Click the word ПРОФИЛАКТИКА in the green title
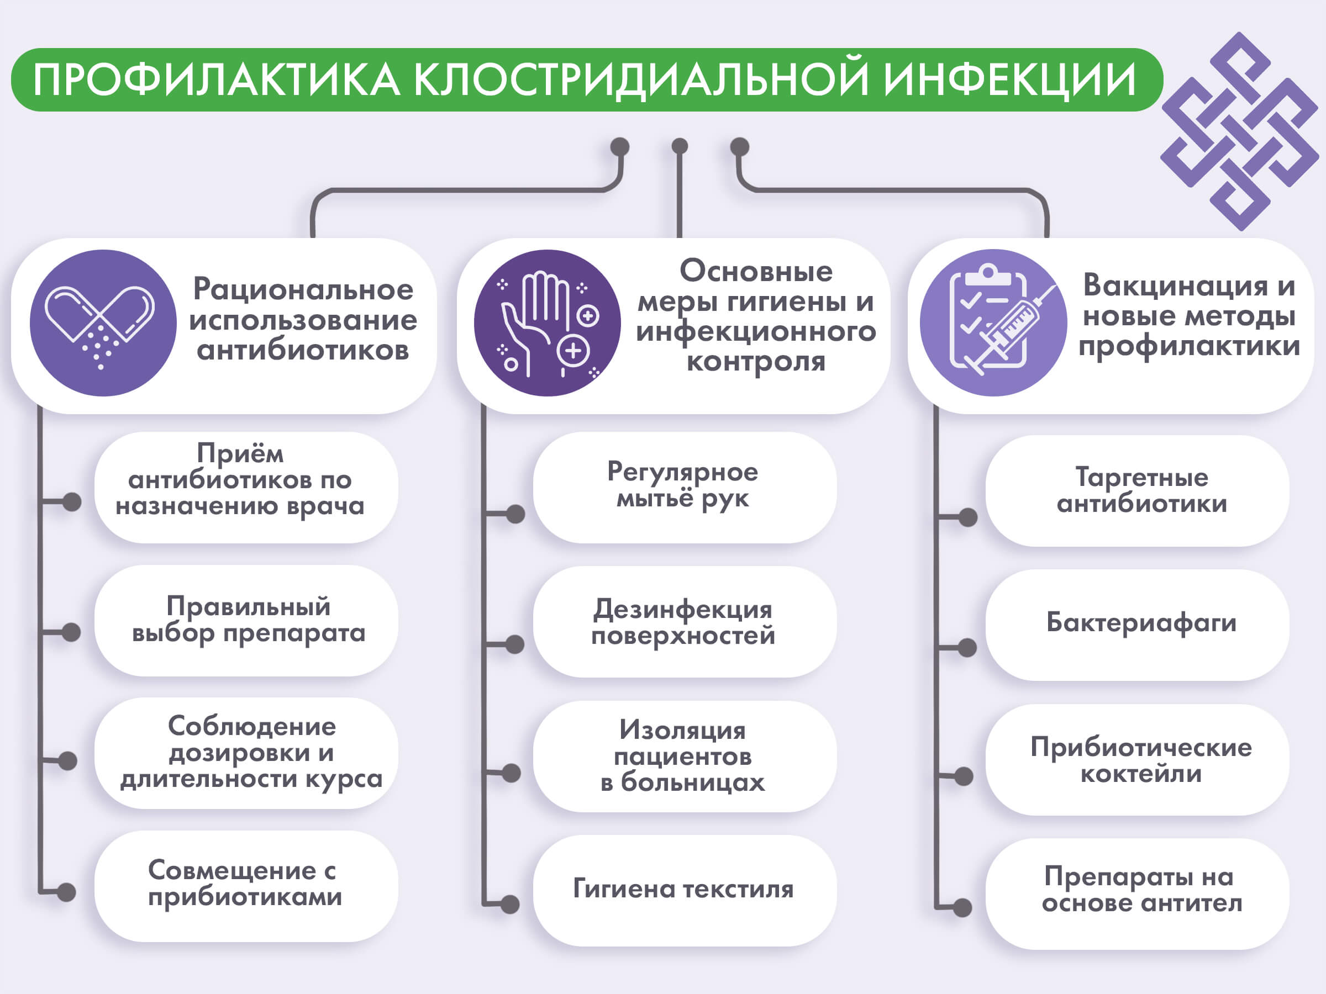pyautogui.click(x=217, y=80)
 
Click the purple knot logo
pyautogui.click(x=1239, y=131)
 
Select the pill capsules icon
pyautogui.click(x=103, y=323)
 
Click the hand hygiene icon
pyautogui.click(x=547, y=323)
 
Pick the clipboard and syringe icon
pyautogui.click(x=993, y=323)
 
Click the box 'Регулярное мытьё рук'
pyautogui.click(x=684, y=487)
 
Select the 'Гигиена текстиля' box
pyautogui.click(x=684, y=890)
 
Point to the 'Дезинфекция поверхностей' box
pyautogui.click(x=684, y=622)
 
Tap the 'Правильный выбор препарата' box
pyautogui.click(x=246, y=620)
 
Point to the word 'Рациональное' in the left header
pyautogui.click(x=303, y=290)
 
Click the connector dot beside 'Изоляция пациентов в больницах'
pyautogui.click(x=511, y=773)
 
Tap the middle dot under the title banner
pyautogui.click(x=679, y=146)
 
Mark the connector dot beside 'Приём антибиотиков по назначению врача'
pyautogui.click(x=72, y=501)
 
